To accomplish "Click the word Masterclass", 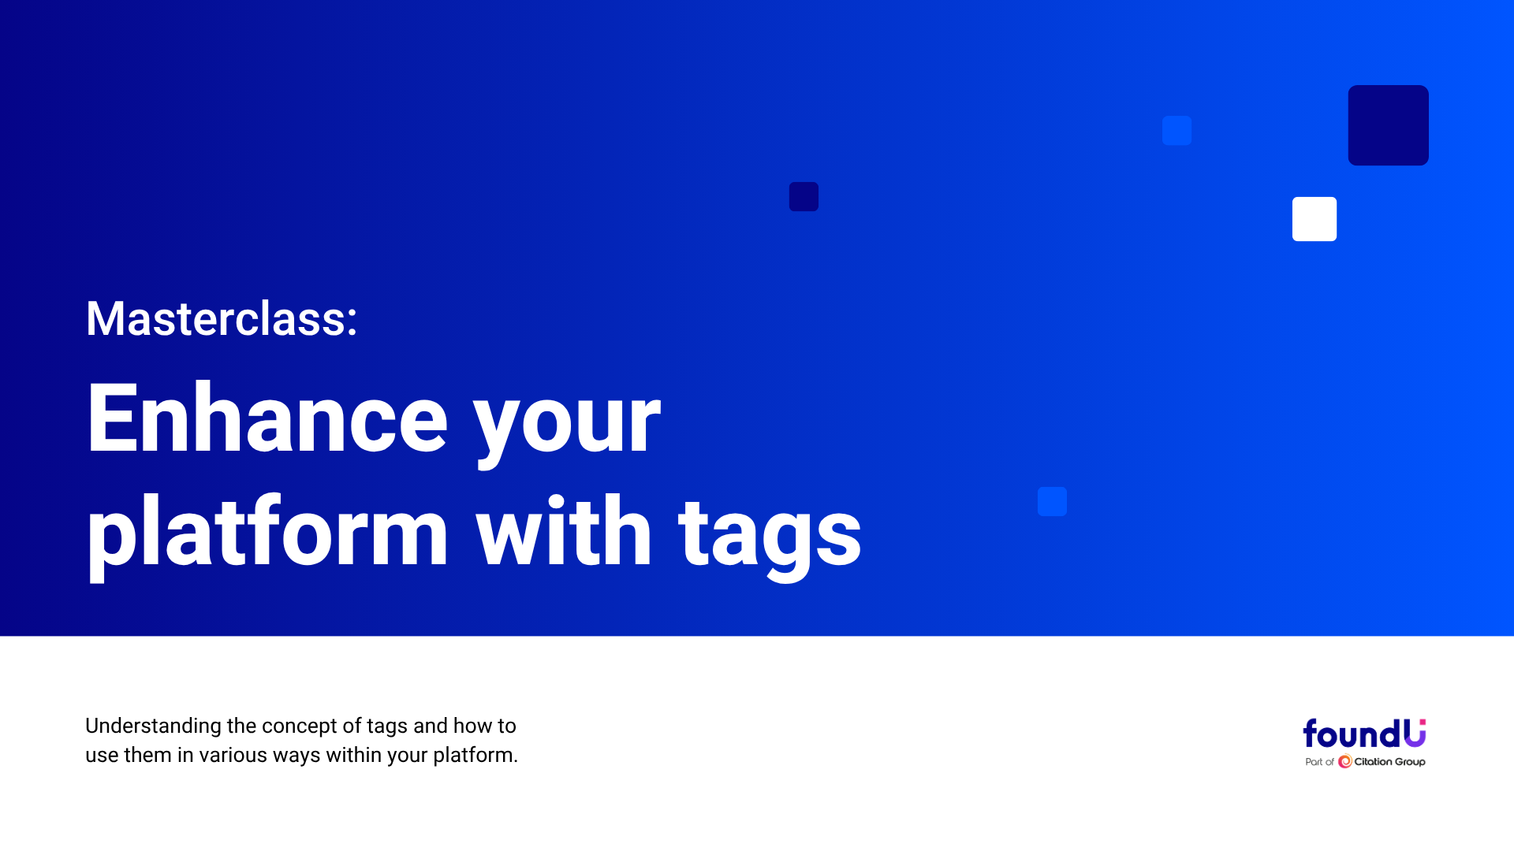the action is pyautogui.click(x=216, y=319).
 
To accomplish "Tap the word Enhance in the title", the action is pyautogui.click(x=267, y=418).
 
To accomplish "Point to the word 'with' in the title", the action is pyautogui.click(x=564, y=530).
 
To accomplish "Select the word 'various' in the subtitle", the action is pyautogui.click(x=233, y=756).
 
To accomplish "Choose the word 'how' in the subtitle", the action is pyautogui.click(x=472, y=726).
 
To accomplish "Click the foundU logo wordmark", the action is pyautogui.click(x=1364, y=734).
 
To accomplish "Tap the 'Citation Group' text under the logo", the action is pyautogui.click(x=1389, y=762).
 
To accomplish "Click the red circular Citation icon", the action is pyautogui.click(x=1345, y=762).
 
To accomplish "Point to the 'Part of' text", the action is pyautogui.click(x=1319, y=762).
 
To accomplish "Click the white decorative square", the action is pyautogui.click(x=1314, y=219).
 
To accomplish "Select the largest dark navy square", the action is pyautogui.click(x=1389, y=125).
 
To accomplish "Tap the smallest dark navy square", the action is pyautogui.click(x=804, y=197).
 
